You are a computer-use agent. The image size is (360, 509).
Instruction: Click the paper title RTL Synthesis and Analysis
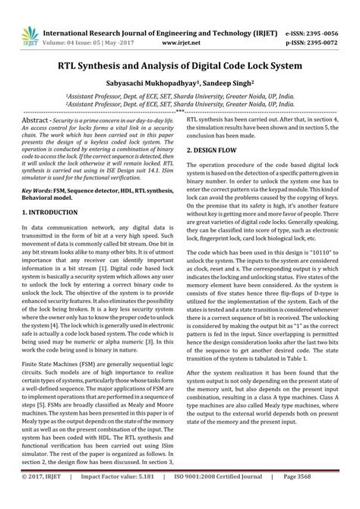tap(179, 66)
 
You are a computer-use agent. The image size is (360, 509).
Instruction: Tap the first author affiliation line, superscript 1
tap(179, 97)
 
